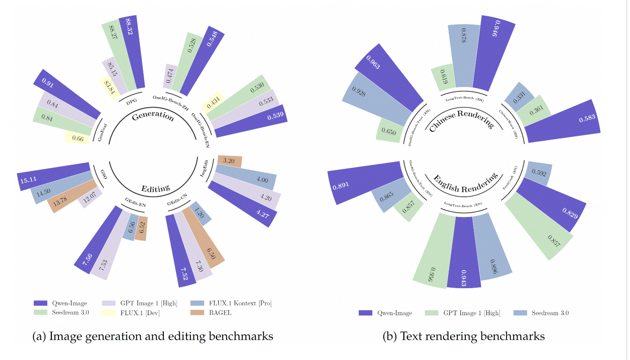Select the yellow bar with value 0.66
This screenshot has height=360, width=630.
77,137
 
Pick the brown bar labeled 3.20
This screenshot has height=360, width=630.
229,161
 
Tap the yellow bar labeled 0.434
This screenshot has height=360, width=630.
213,102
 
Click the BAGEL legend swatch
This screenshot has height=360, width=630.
197,313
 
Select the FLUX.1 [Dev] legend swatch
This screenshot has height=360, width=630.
108,313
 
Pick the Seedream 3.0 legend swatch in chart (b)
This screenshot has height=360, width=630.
520,313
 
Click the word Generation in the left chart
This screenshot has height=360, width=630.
153,116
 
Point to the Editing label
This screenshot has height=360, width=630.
155,189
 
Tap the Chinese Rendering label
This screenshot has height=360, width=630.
461,119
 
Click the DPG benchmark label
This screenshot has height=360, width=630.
132,101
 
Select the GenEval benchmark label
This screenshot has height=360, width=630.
102,132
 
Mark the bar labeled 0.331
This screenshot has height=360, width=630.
519,96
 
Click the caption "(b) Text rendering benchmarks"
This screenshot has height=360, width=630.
463,336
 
